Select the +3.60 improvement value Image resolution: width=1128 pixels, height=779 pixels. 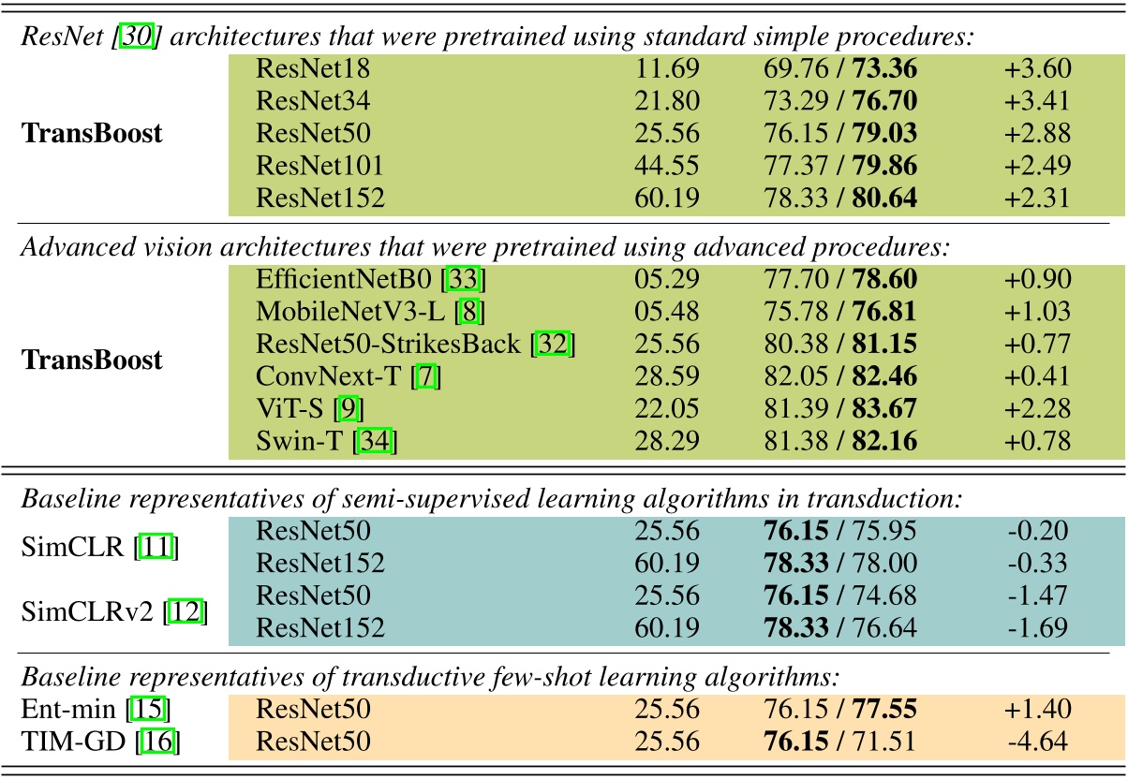(1037, 69)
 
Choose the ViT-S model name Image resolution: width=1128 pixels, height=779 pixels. (288, 409)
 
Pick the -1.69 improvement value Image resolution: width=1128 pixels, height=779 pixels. (1037, 628)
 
